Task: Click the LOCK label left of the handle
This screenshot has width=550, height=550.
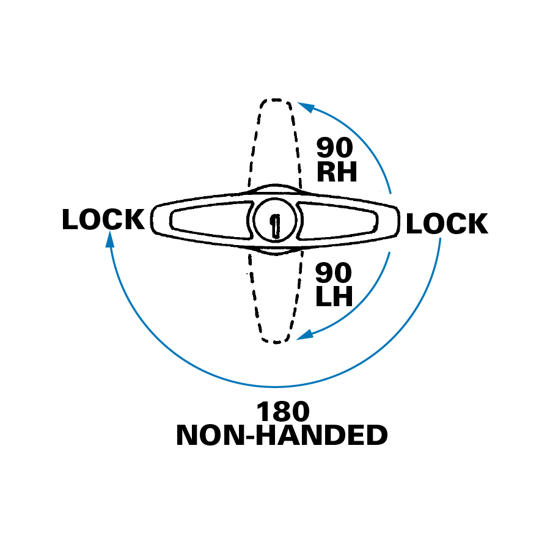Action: click(x=103, y=220)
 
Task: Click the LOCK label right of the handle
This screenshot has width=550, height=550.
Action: click(x=447, y=224)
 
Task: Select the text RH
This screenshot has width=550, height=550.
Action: click(x=336, y=173)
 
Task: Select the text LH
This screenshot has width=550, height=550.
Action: click(x=334, y=297)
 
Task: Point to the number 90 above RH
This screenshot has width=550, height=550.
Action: click(x=334, y=148)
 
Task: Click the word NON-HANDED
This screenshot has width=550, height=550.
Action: click(x=282, y=436)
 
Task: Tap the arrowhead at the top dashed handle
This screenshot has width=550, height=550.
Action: click(x=305, y=108)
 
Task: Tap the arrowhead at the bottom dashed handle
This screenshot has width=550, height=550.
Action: click(x=304, y=335)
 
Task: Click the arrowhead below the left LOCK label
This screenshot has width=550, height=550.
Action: click(x=110, y=240)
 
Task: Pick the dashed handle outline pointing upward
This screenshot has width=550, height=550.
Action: click(x=274, y=141)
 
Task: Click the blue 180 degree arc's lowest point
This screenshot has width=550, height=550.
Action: click(x=275, y=387)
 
